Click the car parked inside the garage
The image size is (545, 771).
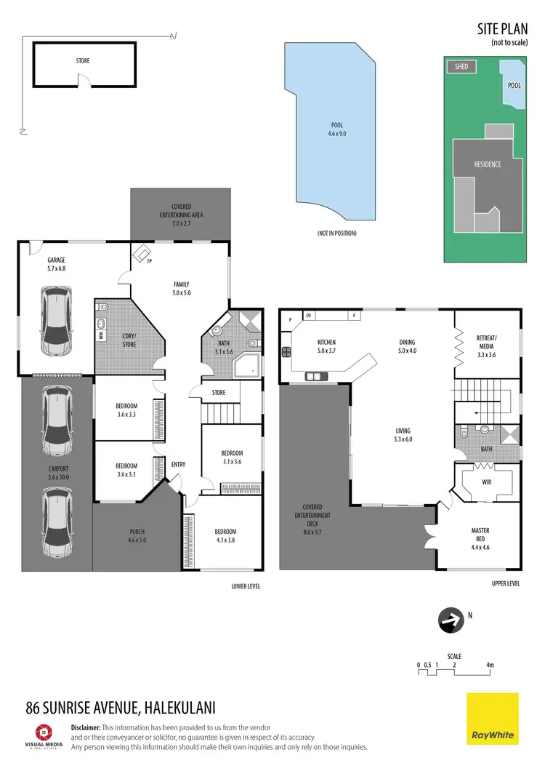tap(56, 321)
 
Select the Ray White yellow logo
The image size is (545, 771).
tap(492, 719)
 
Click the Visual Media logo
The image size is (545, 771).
tap(44, 735)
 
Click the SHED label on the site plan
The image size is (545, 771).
tap(461, 67)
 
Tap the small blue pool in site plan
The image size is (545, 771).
tap(512, 83)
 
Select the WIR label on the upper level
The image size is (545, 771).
tap(486, 482)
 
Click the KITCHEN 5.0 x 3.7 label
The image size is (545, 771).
tap(326, 347)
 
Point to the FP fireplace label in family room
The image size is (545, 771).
tap(149, 260)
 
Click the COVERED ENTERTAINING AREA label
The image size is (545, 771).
tap(181, 211)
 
